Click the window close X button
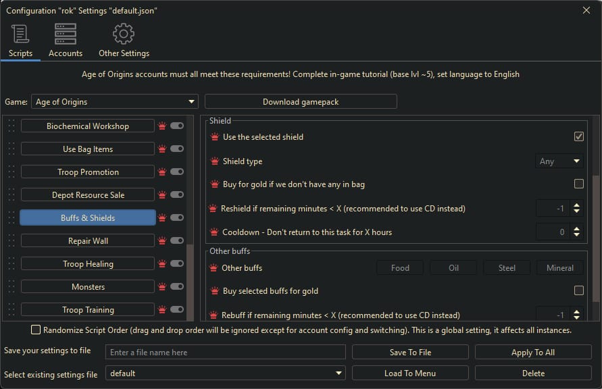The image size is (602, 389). tap(586, 10)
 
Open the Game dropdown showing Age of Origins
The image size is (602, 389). tap(114, 102)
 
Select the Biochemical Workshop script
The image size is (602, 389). tap(88, 126)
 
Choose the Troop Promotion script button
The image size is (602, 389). tap(88, 172)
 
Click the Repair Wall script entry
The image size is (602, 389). tap(88, 241)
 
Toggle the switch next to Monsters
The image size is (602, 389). tap(177, 287)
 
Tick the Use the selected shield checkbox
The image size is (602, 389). tap(578, 136)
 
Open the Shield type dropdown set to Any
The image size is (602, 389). tap(559, 161)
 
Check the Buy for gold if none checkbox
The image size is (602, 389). tap(578, 184)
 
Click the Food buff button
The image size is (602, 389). tap(400, 268)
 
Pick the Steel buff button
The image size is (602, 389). tap(507, 268)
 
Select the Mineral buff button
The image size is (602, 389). tap(560, 268)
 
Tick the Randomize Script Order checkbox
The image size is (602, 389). tap(36, 330)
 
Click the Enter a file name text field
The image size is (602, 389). tap(226, 353)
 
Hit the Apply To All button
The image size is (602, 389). tap(533, 353)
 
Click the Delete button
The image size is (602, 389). tap(533, 373)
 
